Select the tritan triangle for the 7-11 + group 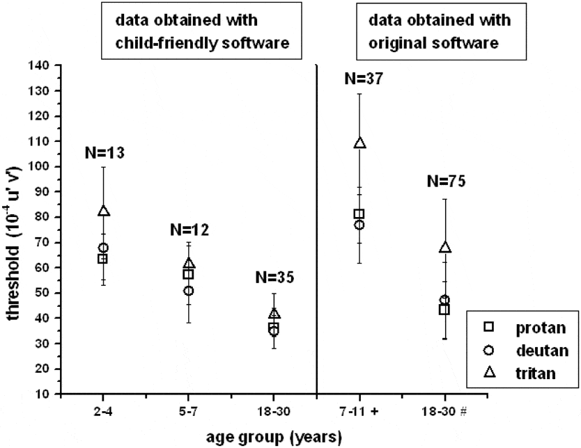point(359,143)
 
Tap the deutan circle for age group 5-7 point(188,290)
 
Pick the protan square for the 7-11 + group point(359,214)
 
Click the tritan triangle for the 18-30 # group point(445,248)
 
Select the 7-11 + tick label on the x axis point(362,411)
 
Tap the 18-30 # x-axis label point(446,411)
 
